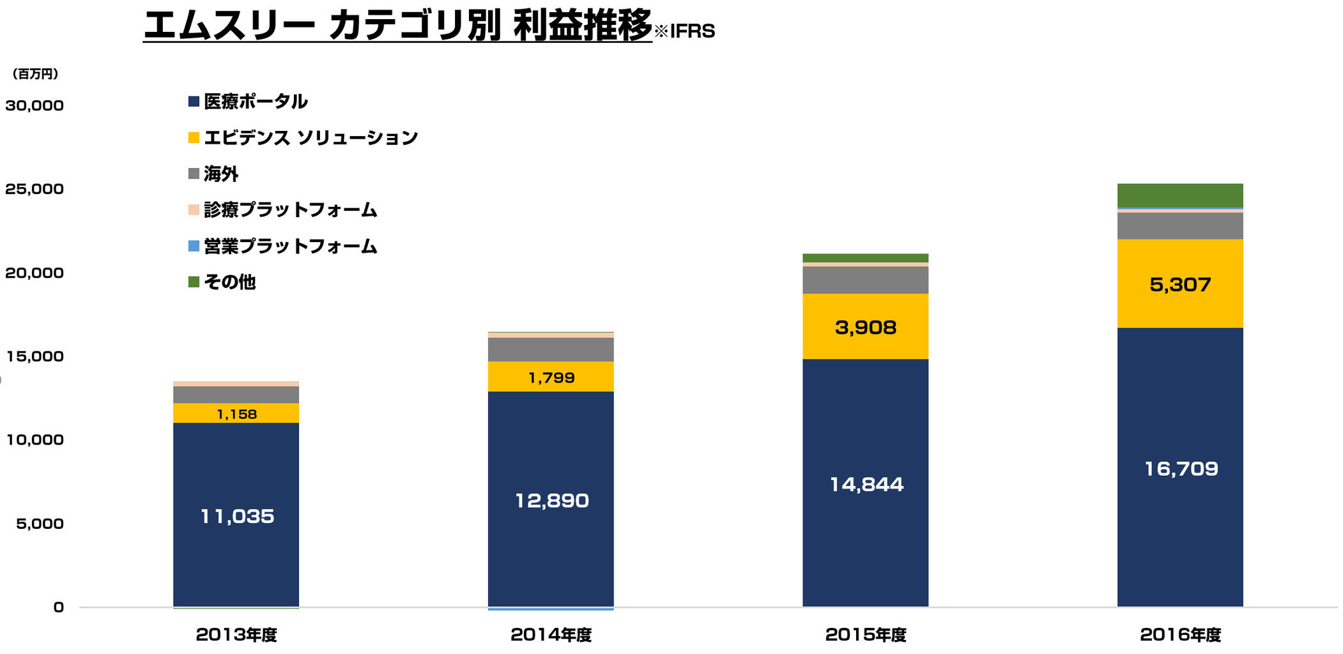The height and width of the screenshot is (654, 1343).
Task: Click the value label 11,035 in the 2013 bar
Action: [237, 516]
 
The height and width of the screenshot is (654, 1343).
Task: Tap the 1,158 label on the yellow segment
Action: [236, 414]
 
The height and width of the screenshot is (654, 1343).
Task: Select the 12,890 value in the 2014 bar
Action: [551, 500]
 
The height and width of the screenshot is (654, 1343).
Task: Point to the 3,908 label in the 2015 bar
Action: [865, 327]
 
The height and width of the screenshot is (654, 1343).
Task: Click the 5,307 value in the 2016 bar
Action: [1179, 284]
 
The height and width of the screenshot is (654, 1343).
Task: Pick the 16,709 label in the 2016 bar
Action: [1180, 469]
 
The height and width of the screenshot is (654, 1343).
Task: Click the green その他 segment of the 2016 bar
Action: [1179, 195]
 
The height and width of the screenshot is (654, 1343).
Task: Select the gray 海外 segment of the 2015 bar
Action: [865, 280]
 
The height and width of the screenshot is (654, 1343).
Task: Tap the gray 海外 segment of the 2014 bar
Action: [551, 349]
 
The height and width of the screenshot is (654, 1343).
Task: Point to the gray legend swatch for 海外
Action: [194, 174]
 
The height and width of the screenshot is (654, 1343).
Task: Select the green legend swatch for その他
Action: [194, 282]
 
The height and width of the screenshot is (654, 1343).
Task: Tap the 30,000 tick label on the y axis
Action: [35, 105]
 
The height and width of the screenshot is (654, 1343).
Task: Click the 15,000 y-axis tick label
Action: [35, 356]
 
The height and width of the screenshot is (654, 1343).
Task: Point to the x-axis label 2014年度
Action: [551, 635]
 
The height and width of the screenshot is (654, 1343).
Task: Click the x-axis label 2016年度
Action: [1180, 635]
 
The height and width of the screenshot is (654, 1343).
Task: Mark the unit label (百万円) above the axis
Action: [36, 74]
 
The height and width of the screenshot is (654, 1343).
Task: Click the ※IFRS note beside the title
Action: [684, 31]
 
